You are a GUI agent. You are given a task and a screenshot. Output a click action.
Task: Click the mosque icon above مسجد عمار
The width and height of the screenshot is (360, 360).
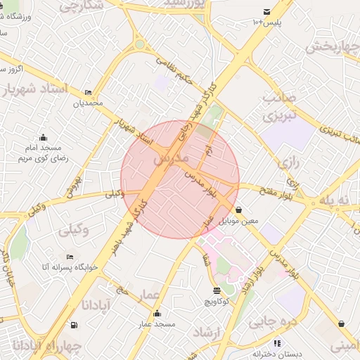click(156, 314)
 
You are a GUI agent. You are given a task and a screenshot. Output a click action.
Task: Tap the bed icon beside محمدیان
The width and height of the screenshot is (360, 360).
click(88, 93)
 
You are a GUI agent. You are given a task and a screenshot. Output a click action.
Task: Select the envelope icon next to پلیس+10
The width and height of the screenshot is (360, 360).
click(266, 11)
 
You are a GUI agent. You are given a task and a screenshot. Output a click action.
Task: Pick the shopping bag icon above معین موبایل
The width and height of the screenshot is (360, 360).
click(240, 210)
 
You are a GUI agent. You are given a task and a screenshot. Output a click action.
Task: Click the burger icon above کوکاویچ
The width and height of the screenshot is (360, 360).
click(216, 291)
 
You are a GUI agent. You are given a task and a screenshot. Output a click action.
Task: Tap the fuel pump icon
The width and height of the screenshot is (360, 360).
click(74, 325)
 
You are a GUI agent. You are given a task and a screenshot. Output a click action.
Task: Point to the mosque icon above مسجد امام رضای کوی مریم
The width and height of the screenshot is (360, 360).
click(44, 137)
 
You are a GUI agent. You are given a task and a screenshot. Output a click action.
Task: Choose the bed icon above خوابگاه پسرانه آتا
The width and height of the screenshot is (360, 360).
click(69, 257)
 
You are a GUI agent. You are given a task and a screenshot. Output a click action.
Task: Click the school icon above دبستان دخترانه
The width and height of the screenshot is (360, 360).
click(277, 343)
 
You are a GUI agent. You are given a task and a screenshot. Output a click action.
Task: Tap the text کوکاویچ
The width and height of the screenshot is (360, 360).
click(217, 302)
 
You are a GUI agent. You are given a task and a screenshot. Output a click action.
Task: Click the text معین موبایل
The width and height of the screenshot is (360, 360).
click(240, 221)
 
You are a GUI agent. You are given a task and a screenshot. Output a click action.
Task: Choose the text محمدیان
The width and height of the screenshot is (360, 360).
click(89, 103)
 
